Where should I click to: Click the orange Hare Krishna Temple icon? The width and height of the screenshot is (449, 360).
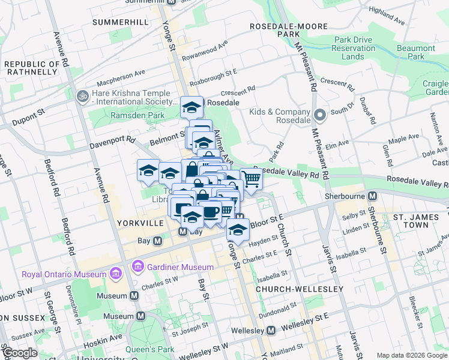click(82, 95)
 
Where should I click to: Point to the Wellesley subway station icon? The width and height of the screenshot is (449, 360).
click(271, 331)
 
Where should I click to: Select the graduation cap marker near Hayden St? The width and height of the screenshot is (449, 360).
click(238, 229)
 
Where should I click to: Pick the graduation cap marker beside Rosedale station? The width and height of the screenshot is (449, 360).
click(192, 107)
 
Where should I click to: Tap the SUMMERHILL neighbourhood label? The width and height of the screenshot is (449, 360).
click(121, 22)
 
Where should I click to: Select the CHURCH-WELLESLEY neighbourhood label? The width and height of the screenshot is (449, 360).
click(299, 289)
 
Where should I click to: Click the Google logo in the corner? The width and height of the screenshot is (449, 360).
click(19, 353)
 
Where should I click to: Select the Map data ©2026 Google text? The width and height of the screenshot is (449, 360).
click(411, 355)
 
